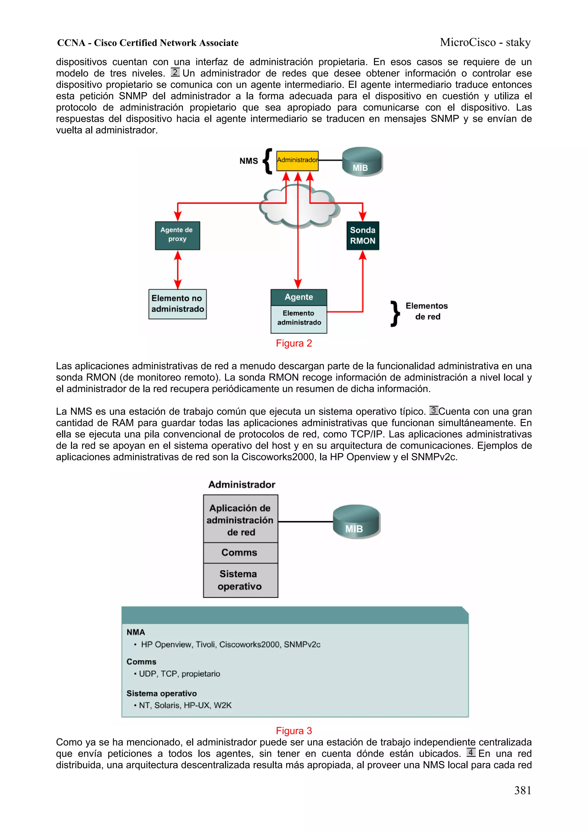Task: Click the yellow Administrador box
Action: click(297, 161)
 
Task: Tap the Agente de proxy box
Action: click(177, 235)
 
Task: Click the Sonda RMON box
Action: click(362, 235)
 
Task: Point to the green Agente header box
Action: click(299, 297)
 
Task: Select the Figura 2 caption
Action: click(294, 343)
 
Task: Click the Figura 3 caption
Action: click(294, 731)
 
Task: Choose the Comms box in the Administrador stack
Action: click(240, 552)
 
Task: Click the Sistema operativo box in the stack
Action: click(240, 580)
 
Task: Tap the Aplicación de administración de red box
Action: click(240, 520)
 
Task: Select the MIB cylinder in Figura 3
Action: click(356, 522)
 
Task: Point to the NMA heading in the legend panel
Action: click(136, 632)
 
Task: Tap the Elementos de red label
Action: click(427, 311)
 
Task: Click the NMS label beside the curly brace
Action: click(249, 161)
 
